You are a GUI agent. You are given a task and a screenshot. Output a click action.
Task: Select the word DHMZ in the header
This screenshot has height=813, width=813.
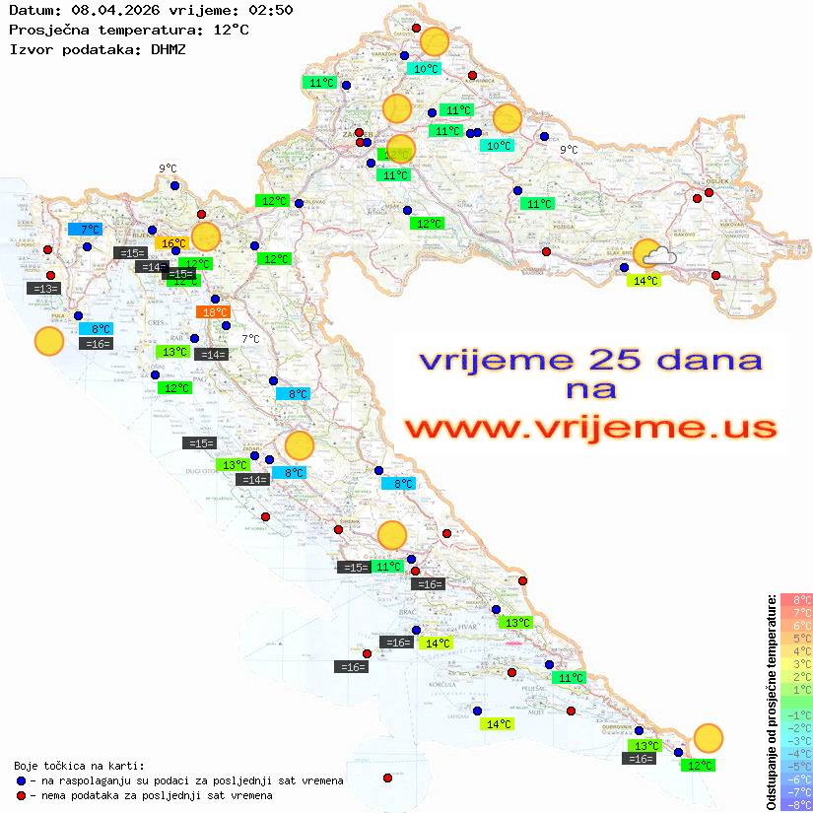168,48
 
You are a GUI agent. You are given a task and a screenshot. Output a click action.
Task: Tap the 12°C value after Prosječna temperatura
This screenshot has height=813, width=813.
231,30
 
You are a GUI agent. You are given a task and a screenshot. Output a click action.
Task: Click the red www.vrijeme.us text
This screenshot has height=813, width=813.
590,428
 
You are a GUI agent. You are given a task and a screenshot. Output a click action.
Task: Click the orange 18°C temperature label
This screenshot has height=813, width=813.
214,312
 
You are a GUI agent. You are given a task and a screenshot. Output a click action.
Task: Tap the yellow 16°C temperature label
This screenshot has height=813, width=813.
172,243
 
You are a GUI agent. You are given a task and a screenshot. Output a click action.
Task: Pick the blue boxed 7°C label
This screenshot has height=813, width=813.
85,229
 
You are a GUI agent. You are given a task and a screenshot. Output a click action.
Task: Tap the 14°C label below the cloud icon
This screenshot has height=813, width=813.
645,281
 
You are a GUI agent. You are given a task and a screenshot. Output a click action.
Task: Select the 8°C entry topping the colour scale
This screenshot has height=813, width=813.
795,599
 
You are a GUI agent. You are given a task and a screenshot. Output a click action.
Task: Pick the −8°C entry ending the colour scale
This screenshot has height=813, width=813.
795,805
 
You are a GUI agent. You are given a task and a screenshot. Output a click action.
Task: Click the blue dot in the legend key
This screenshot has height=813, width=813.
22,780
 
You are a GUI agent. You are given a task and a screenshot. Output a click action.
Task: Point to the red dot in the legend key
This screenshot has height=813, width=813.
22,795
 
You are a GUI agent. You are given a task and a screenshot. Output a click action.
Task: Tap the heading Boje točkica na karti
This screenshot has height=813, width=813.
79,766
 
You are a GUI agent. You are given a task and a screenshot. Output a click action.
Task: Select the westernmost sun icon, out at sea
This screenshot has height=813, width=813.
48,342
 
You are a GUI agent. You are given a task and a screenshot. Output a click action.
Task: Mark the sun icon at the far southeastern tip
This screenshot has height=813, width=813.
708,737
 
